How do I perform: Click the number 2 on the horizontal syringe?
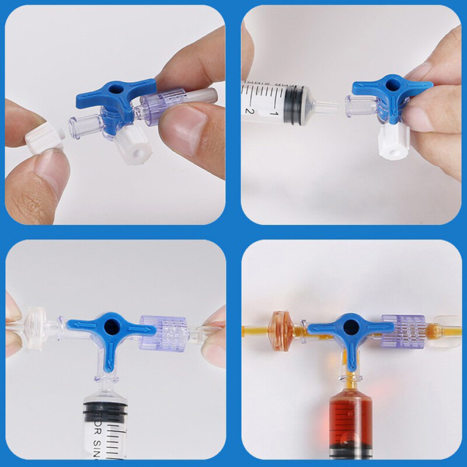click(249, 110)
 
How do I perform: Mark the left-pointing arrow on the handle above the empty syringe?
click(78, 325)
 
